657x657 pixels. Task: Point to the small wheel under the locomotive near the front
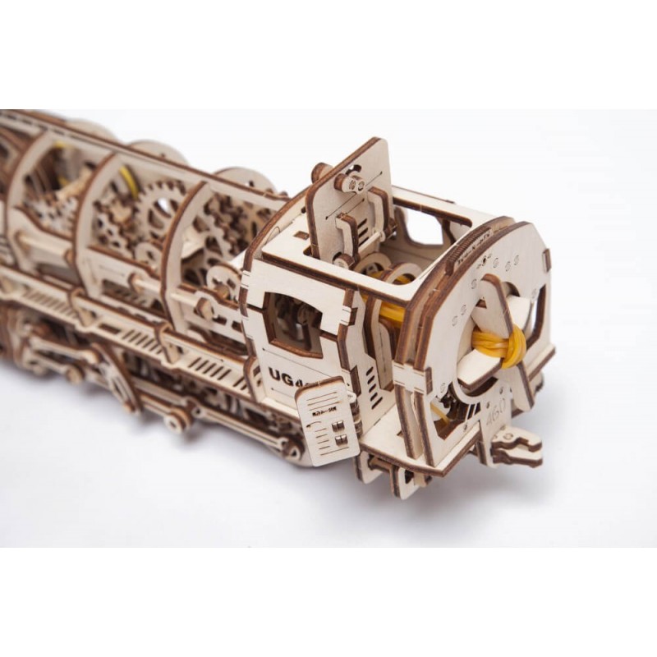coord(177,424)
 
